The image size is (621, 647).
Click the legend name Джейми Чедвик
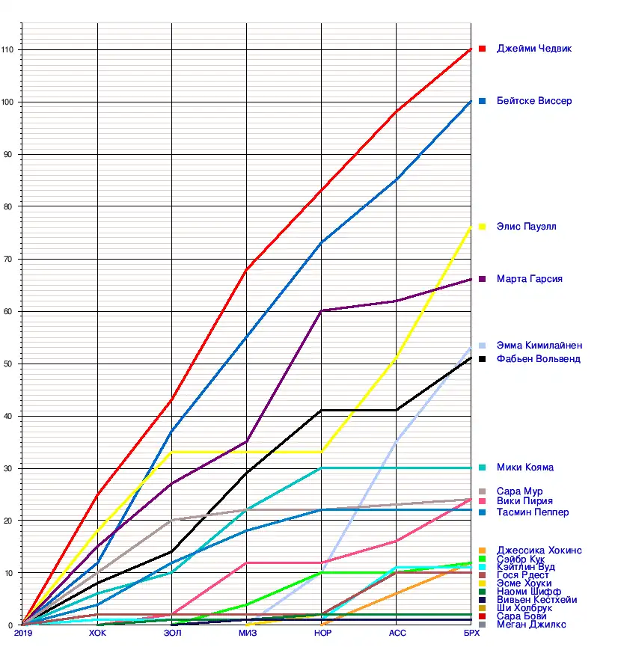[x=534, y=49]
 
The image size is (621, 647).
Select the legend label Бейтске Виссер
[x=534, y=101]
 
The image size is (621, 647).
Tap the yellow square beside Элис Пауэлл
[x=483, y=227]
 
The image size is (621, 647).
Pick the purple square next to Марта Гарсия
[x=483, y=279]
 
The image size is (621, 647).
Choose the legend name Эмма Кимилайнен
[x=539, y=346]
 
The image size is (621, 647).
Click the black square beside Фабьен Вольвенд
[x=483, y=359]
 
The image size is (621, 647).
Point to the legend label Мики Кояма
[x=525, y=467]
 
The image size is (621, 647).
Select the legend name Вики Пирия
[x=524, y=501]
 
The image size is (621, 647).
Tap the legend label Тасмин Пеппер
[x=533, y=512]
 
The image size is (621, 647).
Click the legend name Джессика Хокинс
[x=539, y=551]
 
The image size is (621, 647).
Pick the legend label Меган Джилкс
[x=531, y=625]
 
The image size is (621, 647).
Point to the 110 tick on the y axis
[x=10, y=49]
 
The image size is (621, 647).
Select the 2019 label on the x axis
[x=23, y=634]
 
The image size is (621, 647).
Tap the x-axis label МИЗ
[x=247, y=634]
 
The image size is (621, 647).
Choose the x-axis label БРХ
[x=471, y=634]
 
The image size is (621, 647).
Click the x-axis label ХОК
[x=97, y=634]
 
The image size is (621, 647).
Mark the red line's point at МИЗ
[x=247, y=269]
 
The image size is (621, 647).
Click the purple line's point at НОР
[x=322, y=310]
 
